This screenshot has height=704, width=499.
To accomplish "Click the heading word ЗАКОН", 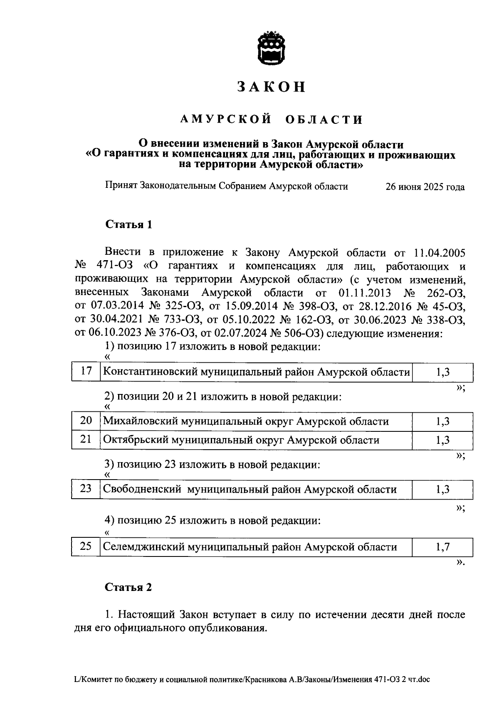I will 272,86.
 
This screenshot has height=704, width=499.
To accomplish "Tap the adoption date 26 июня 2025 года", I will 425,187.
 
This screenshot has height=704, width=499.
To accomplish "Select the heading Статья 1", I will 128,225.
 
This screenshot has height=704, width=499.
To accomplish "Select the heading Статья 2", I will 128,587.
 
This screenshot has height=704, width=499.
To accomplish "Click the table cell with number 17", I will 86,371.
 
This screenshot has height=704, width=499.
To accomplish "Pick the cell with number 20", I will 86,421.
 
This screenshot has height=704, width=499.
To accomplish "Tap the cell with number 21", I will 86,439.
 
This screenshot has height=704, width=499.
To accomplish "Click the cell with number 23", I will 86,489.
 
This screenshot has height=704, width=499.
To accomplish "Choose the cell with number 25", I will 86,546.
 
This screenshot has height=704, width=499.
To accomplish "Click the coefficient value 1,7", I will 442,547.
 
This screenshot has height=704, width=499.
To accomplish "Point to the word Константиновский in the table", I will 150,372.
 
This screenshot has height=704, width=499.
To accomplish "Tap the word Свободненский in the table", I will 142,489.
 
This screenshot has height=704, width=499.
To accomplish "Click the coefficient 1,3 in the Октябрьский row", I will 442,440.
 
